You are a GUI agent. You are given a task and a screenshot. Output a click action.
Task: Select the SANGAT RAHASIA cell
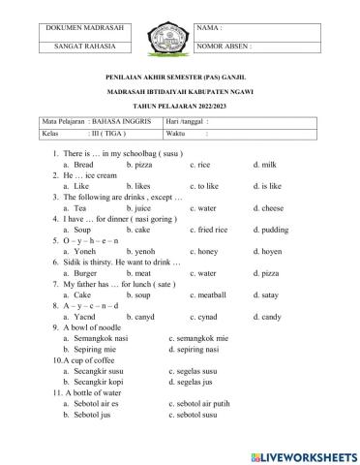pos(88,46)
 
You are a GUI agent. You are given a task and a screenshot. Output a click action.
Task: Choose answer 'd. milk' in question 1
pos(264,166)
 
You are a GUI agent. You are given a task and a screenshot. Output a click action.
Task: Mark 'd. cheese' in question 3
pos(269,207)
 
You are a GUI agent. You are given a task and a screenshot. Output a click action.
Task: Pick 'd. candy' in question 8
pos(267,317)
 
